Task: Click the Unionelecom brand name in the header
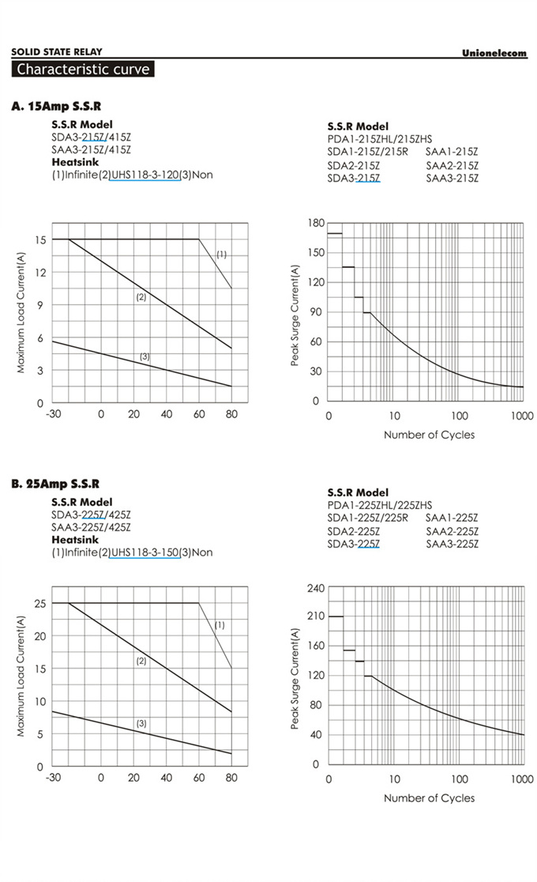(494, 53)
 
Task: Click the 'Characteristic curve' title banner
(82, 69)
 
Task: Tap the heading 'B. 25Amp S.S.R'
(55, 484)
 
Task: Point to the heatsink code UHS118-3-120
(145, 174)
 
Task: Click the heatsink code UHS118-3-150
(145, 552)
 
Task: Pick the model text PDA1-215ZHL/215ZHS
(380, 138)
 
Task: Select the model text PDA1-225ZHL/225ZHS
(380, 505)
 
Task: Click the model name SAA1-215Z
(452, 151)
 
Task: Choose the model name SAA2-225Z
(452, 531)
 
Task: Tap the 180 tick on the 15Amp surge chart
(316, 224)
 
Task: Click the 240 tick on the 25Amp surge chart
(316, 588)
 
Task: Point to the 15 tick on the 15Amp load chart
(39, 239)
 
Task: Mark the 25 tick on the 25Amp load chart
(39, 603)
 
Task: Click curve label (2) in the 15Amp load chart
(141, 297)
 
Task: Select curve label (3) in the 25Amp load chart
(141, 723)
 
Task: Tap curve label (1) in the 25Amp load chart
(220, 625)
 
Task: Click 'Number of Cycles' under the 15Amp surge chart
(429, 435)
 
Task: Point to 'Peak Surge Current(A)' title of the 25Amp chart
(295, 678)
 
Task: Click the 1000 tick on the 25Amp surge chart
(522, 779)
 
